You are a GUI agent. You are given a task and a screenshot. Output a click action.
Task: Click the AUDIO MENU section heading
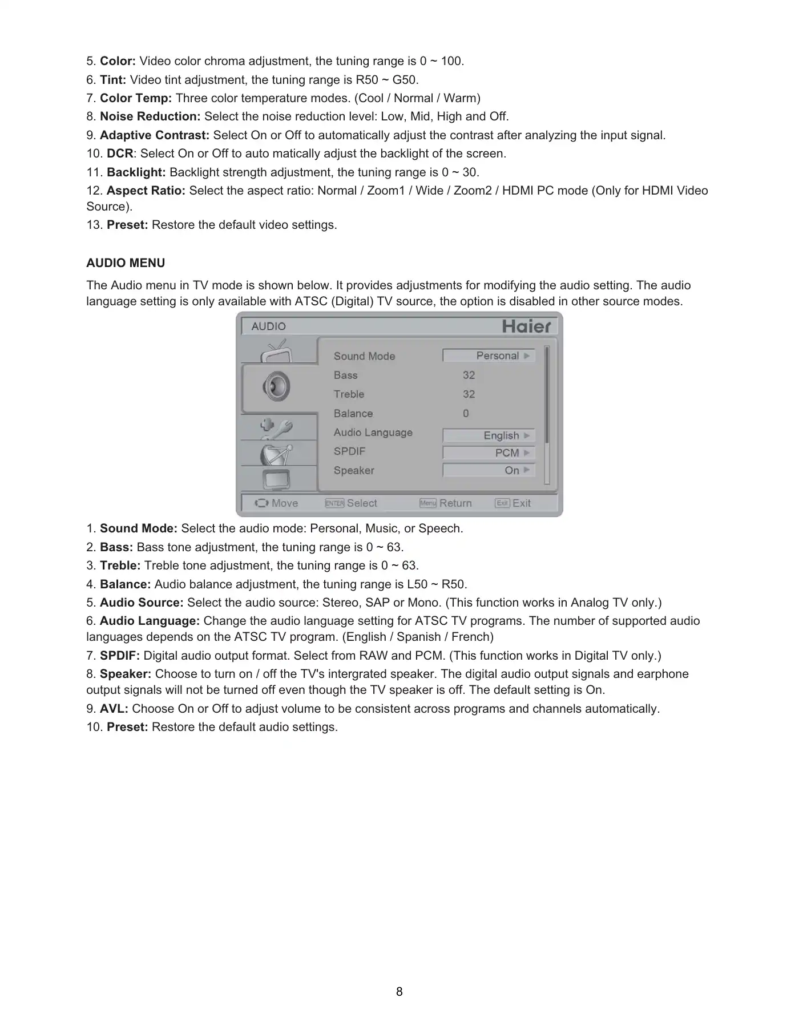pyautogui.click(x=126, y=263)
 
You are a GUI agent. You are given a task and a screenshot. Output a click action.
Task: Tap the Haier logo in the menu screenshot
pyautogui.click(x=526, y=326)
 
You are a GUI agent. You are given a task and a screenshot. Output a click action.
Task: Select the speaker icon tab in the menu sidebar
pyautogui.click(x=277, y=387)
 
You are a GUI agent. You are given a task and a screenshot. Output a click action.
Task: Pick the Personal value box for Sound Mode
pyautogui.click(x=489, y=356)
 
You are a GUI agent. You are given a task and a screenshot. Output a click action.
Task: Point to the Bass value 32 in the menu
pyautogui.click(x=469, y=375)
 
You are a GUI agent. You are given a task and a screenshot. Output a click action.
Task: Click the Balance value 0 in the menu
pyautogui.click(x=466, y=413)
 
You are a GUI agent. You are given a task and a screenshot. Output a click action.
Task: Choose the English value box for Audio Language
pyautogui.click(x=489, y=435)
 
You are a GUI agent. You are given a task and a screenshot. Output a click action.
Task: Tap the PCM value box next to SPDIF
pyautogui.click(x=489, y=453)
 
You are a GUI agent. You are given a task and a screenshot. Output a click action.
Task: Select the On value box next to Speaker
pyautogui.click(x=489, y=470)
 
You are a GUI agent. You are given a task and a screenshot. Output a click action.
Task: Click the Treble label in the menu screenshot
pyautogui.click(x=349, y=394)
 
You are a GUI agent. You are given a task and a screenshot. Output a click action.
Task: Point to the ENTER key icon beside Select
pyautogui.click(x=334, y=503)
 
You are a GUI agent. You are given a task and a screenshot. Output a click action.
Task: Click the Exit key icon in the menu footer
pyautogui.click(x=502, y=503)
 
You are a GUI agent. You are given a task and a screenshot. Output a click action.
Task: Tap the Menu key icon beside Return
pyautogui.click(x=428, y=503)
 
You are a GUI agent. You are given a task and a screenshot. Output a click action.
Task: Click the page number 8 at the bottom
pyautogui.click(x=399, y=992)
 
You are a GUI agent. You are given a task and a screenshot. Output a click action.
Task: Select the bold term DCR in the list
pyautogui.click(x=120, y=154)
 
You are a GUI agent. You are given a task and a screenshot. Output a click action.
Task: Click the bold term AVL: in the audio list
pyautogui.click(x=114, y=709)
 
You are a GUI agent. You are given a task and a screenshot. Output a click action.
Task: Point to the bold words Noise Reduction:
pyautogui.click(x=150, y=116)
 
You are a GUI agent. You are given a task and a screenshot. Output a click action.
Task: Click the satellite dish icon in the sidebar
pyautogui.click(x=277, y=454)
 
